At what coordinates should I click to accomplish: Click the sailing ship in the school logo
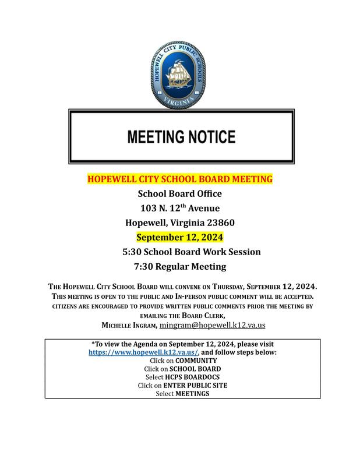pos(179,72)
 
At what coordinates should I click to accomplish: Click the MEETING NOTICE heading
pos(181,137)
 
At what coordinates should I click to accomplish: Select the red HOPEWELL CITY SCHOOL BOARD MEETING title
pos(180,179)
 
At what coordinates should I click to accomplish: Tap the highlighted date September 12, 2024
pos(180,238)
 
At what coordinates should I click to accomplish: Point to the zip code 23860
pos(219,223)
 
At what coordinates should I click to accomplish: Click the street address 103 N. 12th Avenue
pos(180,208)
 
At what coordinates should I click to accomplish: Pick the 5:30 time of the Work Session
pos(131,252)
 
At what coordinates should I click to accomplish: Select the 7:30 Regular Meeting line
pos(180,267)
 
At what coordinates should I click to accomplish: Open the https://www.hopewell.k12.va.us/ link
pos(143,352)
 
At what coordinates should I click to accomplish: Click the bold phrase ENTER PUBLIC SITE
pos(196,385)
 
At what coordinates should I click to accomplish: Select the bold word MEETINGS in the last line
pos(192,394)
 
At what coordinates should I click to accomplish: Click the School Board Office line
pos(180,193)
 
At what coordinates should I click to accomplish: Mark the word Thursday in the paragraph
pos(226,287)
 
